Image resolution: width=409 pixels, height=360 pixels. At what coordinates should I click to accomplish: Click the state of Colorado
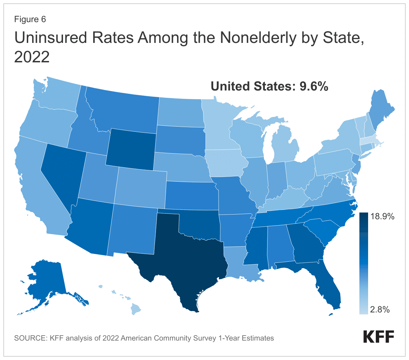tap(141, 188)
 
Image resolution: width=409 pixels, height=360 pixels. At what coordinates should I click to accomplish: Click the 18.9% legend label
tap(382, 217)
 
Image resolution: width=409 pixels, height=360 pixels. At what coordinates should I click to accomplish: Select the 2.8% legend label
tap(380, 309)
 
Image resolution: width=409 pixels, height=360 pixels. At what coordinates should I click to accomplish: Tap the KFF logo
tap(378, 337)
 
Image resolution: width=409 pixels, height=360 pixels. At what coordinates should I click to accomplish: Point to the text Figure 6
tap(30, 19)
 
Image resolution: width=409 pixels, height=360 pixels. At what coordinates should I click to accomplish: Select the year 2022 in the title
tap(32, 57)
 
